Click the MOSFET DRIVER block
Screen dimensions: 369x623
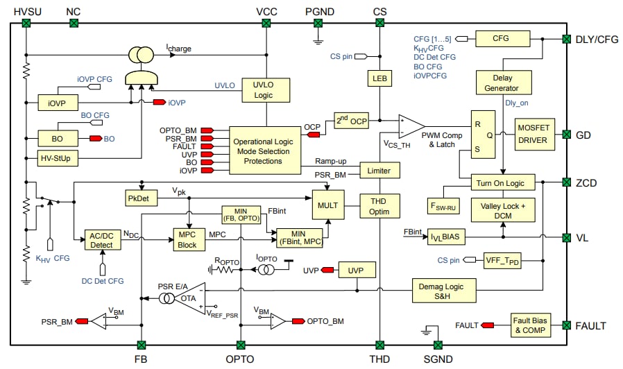[533, 135]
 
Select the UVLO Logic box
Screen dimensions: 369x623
[263, 89]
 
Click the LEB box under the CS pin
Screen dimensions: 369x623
[379, 78]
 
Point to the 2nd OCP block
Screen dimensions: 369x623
[350, 120]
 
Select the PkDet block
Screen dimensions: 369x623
[142, 198]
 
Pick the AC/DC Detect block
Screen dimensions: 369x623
[102, 240]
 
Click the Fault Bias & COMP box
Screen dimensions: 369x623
[531, 325]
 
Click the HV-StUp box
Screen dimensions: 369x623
[58, 158]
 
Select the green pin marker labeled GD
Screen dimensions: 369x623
[566, 135]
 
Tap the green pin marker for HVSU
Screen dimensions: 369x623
[26, 24]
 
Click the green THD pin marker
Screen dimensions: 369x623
[379, 345]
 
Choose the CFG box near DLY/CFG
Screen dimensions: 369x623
[501, 39]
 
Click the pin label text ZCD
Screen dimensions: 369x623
[588, 183]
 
